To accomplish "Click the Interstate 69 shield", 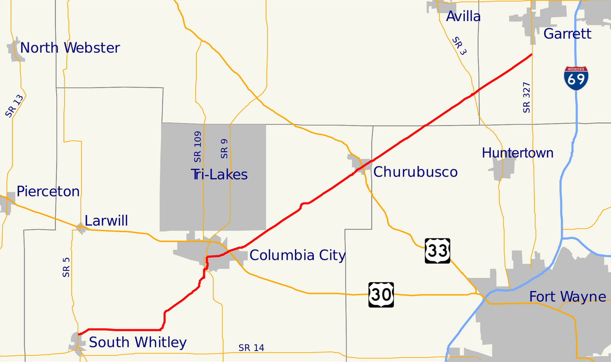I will coord(576,78).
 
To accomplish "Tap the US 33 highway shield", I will coord(438,251).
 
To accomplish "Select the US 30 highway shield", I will coord(381,295).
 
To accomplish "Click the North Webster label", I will coord(70,48).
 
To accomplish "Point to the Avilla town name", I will coord(463,17).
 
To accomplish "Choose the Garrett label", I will coord(567,34).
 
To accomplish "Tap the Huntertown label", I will coord(518,153).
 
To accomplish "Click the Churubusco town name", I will coord(415,172).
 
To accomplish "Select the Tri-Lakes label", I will coord(220,175).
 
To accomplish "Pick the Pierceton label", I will coord(48,191).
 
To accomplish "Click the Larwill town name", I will coord(106,221).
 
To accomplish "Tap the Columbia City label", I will coord(298,255).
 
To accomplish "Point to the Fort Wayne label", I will coord(568,297).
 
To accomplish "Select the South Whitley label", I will coord(138,342).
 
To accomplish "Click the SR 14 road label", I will coord(251,348).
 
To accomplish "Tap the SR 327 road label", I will coord(526,98).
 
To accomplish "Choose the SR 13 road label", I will coord(14,106).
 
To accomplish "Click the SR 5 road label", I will coord(66,267).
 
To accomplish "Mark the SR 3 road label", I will coord(460,46).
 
